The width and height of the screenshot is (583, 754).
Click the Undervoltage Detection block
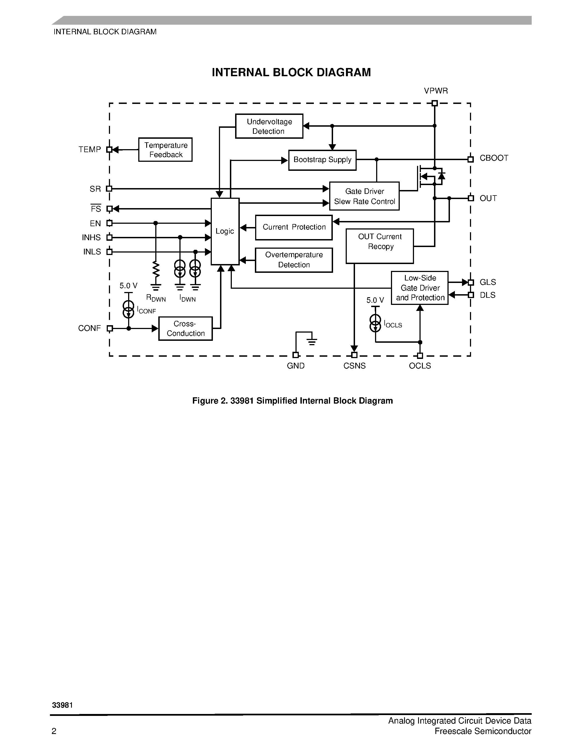point(269,126)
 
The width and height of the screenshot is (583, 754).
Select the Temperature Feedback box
point(165,150)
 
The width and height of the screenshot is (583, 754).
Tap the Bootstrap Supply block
point(322,160)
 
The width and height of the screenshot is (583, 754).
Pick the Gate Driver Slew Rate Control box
point(364,196)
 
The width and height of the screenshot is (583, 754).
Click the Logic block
point(225,231)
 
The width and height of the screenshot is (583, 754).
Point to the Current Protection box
point(294,228)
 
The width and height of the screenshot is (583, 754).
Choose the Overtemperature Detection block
point(294,260)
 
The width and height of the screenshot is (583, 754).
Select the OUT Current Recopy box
point(380,246)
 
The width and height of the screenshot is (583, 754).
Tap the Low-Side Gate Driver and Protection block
point(420,288)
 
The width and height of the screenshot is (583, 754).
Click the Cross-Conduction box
point(185,329)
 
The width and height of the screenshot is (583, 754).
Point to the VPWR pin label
point(436,91)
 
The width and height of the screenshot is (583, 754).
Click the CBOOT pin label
point(494,158)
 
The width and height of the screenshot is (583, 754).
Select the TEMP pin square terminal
point(109,150)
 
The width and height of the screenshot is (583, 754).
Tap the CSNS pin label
point(354,366)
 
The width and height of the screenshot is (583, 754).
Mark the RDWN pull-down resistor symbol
point(156,270)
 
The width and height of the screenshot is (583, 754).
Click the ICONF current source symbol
point(128,309)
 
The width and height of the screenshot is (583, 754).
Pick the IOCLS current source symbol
point(375,324)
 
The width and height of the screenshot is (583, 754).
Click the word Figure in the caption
point(204,401)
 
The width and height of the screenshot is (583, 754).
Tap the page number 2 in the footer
point(54,731)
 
